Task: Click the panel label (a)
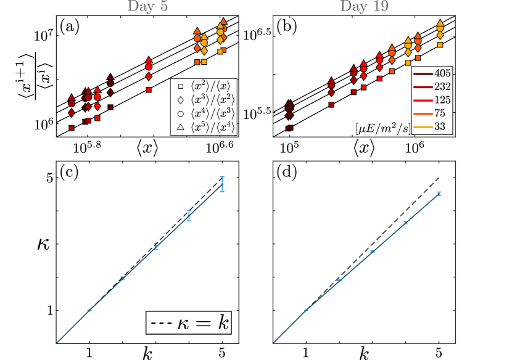[x=68, y=27]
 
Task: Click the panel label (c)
[x=68, y=173]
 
